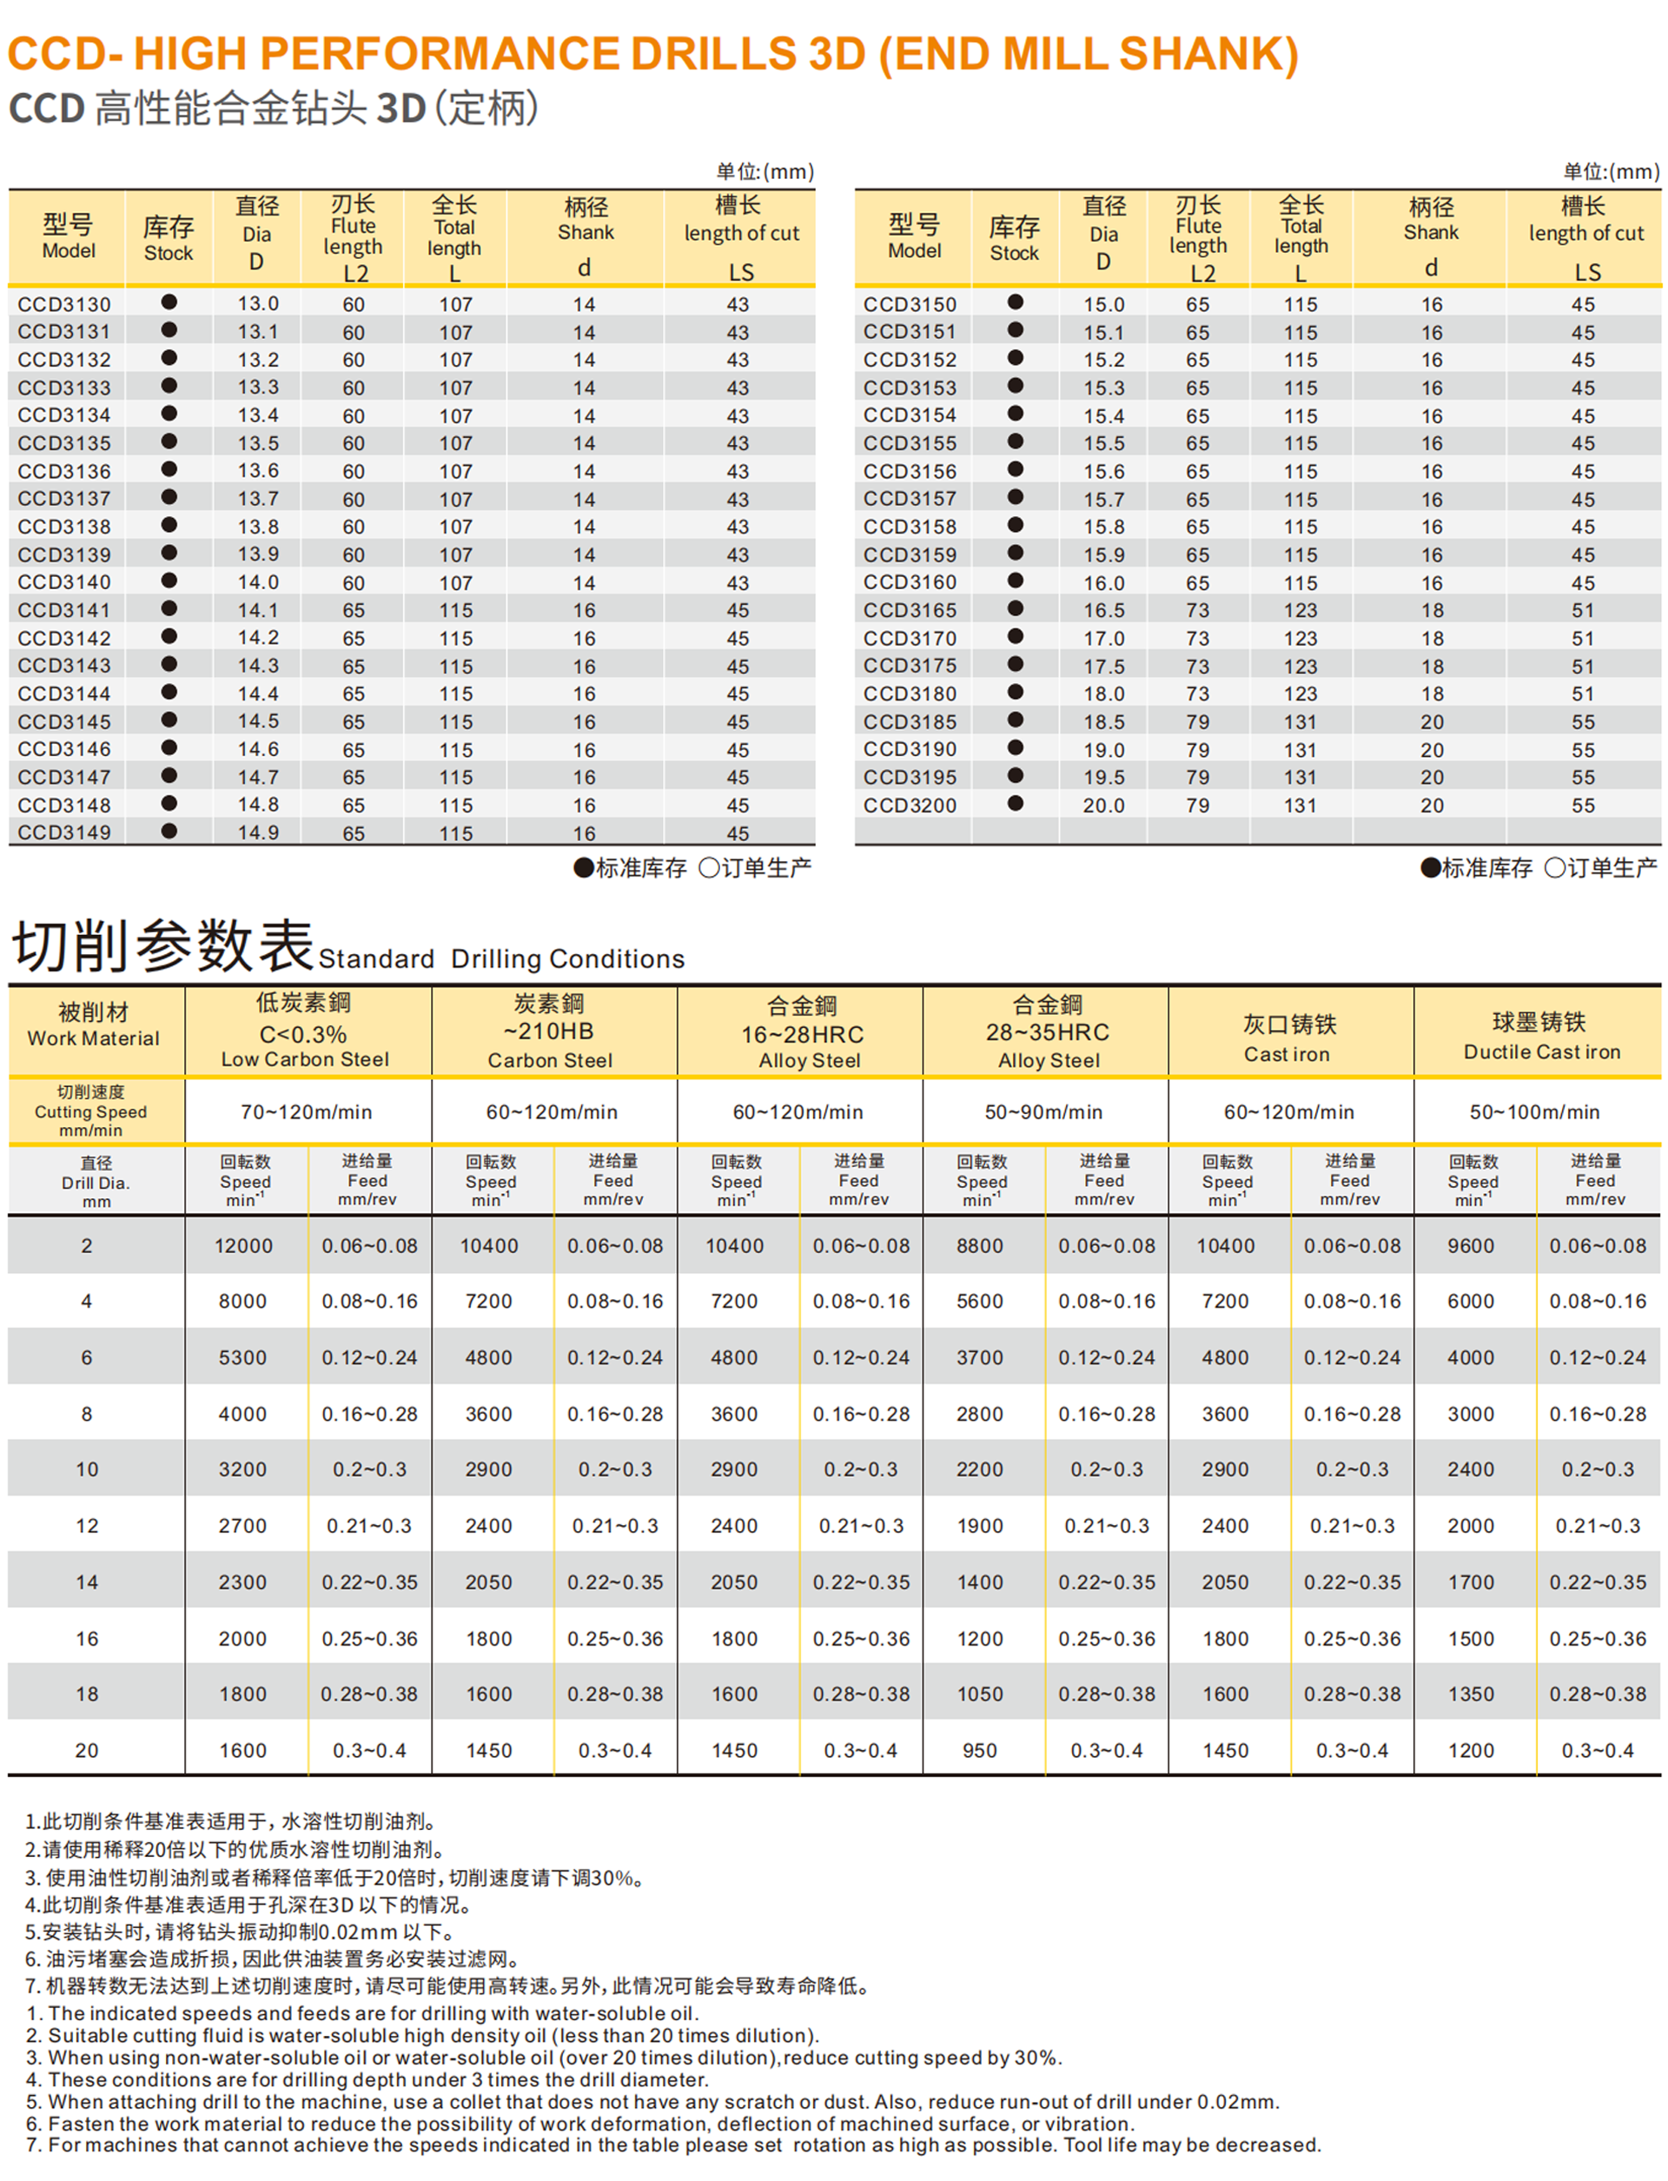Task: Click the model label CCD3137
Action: coord(64,499)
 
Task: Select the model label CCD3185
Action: coord(910,722)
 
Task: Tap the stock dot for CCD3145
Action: coord(169,720)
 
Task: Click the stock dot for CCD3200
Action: coord(1015,804)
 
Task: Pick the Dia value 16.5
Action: coord(1103,611)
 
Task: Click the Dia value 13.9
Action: coord(257,554)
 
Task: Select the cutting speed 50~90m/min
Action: coord(1043,1112)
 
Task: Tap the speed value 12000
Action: coord(243,1246)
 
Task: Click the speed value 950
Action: coord(979,1751)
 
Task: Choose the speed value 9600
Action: coord(1471,1246)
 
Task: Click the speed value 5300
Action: coord(243,1357)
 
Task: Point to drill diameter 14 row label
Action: coord(88,1582)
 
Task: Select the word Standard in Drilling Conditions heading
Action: coord(376,959)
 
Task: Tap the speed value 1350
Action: coord(1471,1694)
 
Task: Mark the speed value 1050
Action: coord(979,1694)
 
